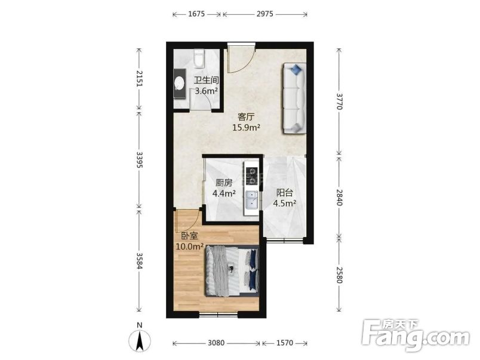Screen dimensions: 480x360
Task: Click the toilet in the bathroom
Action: [199, 58]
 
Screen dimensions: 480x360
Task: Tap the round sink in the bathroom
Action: [179, 84]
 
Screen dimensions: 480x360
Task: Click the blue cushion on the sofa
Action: [296, 69]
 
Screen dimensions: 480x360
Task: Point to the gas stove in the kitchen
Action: [251, 176]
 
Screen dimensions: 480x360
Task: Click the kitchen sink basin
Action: [251, 199]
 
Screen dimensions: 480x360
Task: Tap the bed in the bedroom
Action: [232, 270]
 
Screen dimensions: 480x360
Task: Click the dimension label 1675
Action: [196, 14]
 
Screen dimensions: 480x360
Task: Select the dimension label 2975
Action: [265, 14]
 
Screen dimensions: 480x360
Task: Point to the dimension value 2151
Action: [139, 79]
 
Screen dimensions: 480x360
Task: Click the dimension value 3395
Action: [139, 160]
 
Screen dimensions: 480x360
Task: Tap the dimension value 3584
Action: [139, 261]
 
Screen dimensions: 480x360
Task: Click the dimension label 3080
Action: [216, 343]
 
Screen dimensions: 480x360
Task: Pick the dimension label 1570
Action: [285, 343]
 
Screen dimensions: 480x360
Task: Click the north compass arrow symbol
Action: [140, 340]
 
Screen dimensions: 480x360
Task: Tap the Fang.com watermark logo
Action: [416, 336]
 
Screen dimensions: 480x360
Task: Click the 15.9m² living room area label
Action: [246, 127]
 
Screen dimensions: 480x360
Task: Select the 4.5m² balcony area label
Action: [284, 203]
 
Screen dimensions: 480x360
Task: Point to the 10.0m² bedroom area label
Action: [190, 247]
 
